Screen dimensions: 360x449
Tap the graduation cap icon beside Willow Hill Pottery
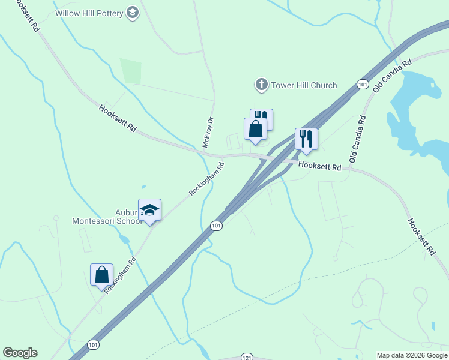click(x=133, y=13)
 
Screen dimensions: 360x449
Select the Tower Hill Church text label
click(x=304, y=85)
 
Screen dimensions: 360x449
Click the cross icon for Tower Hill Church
click(x=261, y=85)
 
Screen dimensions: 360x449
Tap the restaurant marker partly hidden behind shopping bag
click(x=265, y=116)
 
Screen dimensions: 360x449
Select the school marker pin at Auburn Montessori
click(x=149, y=211)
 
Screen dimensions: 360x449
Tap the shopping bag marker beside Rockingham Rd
click(x=102, y=275)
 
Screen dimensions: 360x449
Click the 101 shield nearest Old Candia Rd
click(x=361, y=85)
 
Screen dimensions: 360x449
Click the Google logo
click(x=20, y=353)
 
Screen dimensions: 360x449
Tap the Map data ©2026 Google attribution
click(x=412, y=355)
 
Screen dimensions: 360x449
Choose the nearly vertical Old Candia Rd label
click(x=358, y=140)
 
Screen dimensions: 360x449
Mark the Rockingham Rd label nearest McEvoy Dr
click(x=206, y=179)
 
